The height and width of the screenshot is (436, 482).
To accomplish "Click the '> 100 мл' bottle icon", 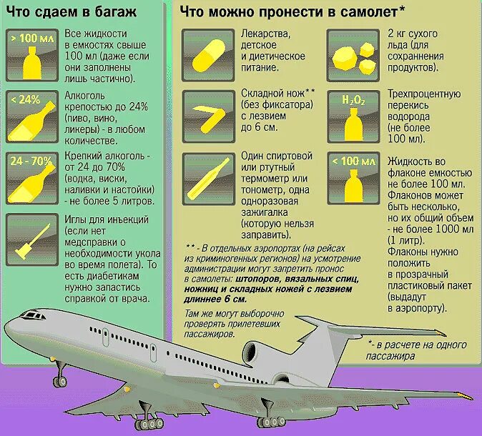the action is tap(31, 55).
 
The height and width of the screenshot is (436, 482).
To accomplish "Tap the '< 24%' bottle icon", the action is tap(31, 117).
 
